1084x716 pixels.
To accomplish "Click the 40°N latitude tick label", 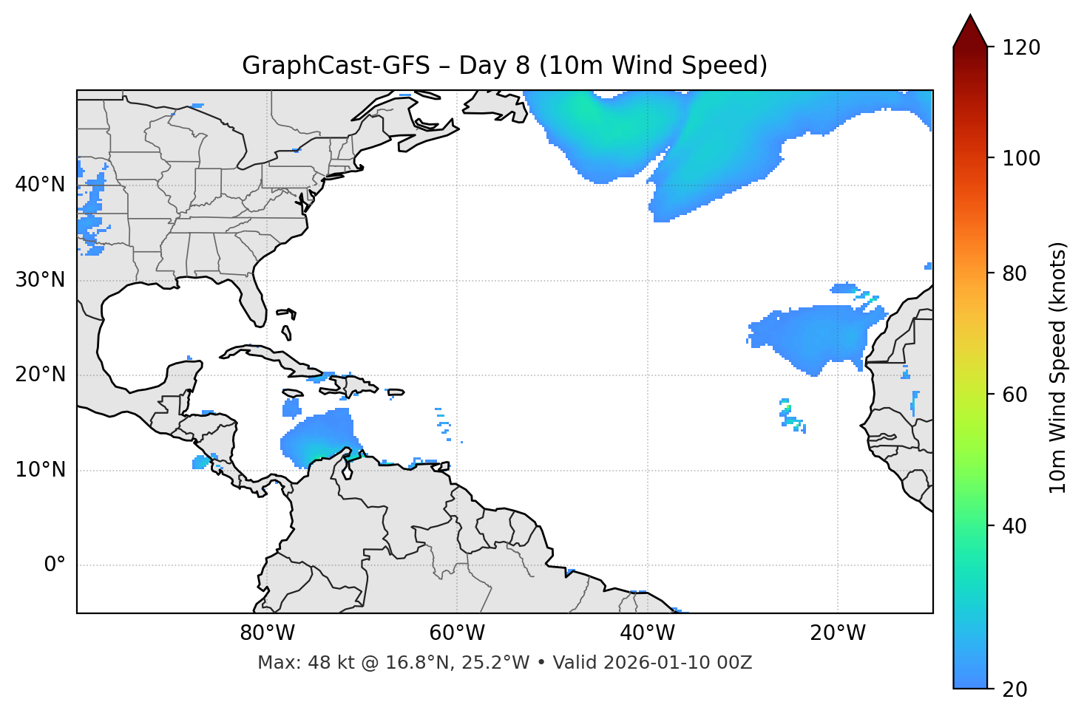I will point(40,185).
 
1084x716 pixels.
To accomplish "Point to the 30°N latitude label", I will point(40,280).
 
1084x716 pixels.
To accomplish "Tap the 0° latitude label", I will point(55,565).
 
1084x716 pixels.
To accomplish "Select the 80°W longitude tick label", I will point(267,633).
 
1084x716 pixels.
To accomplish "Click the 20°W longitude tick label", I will point(838,633).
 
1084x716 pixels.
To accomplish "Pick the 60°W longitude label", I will point(457,633).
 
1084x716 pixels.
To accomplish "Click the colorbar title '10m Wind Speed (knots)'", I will point(1058,368).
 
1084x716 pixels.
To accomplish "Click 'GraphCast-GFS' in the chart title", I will point(336,66).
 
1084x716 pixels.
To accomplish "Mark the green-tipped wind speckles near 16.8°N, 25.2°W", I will point(789,415).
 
